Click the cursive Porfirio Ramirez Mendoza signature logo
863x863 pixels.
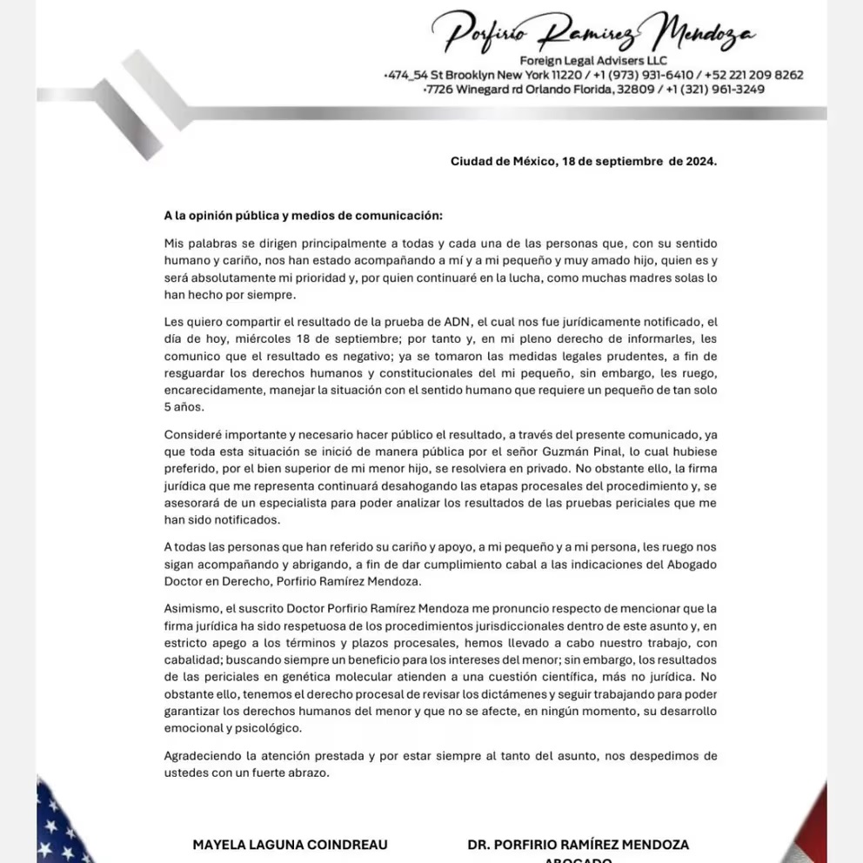[x=599, y=33]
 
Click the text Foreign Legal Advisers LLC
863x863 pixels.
[x=593, y=60]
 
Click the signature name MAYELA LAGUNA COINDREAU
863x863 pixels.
[x=290, y=844]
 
